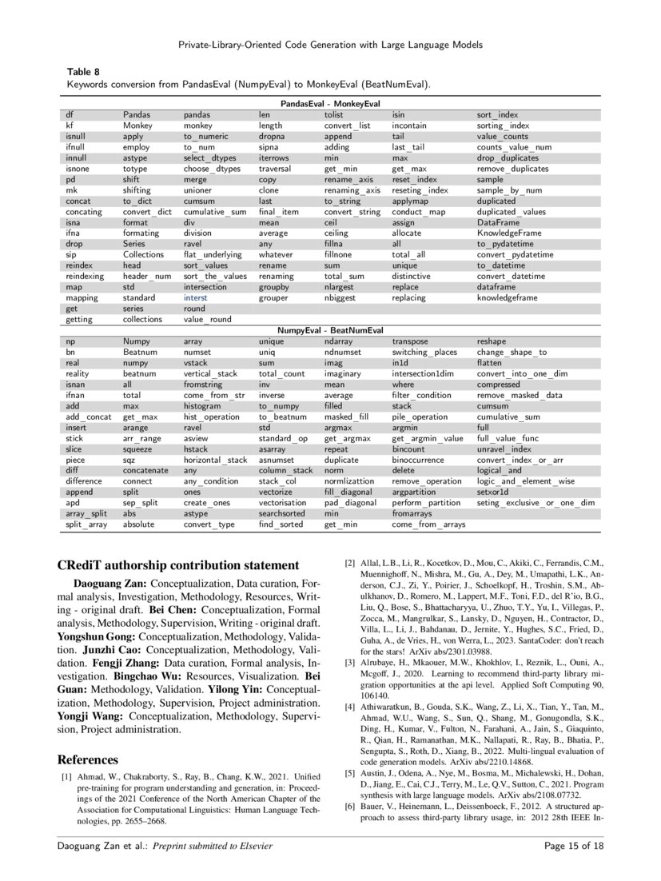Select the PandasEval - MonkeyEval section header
329,104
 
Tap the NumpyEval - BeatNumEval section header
329,329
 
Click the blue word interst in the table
195,297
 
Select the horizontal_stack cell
215,460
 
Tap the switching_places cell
424,352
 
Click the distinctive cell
412,276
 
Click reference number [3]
350,662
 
